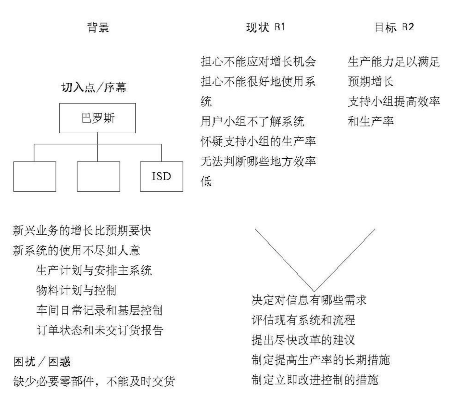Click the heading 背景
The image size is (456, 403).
98,27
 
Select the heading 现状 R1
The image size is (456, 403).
265,27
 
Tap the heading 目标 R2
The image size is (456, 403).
394,27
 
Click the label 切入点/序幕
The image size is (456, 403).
94,87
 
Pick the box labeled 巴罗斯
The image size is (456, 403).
97,118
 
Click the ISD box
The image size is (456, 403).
161,177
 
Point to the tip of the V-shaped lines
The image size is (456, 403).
314,291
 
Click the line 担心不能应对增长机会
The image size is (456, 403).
258,62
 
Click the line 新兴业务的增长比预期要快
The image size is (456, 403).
82,231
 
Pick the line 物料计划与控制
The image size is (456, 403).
76,290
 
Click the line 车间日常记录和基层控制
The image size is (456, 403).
99,310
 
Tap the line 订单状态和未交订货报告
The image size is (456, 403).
100,330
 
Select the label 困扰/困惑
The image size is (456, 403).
42,362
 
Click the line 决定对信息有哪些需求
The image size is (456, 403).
309,300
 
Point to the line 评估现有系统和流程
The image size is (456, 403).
303,320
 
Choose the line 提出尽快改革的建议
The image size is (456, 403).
303,340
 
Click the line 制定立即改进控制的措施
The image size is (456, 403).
315,380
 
